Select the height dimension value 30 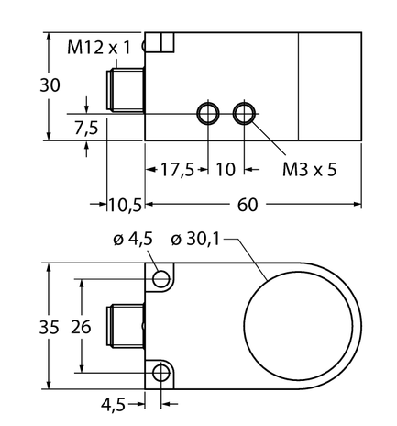(x=30, y=85)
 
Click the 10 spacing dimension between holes (x=225, y=170)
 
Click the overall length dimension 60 (x=247, y=204)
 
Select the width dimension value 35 (x=30, y=327)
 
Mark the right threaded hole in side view (x=244, y=113)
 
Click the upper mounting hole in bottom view (x=162, y=278)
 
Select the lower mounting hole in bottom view (x=162, y=373)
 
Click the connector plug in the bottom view (x=127, y=326)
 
